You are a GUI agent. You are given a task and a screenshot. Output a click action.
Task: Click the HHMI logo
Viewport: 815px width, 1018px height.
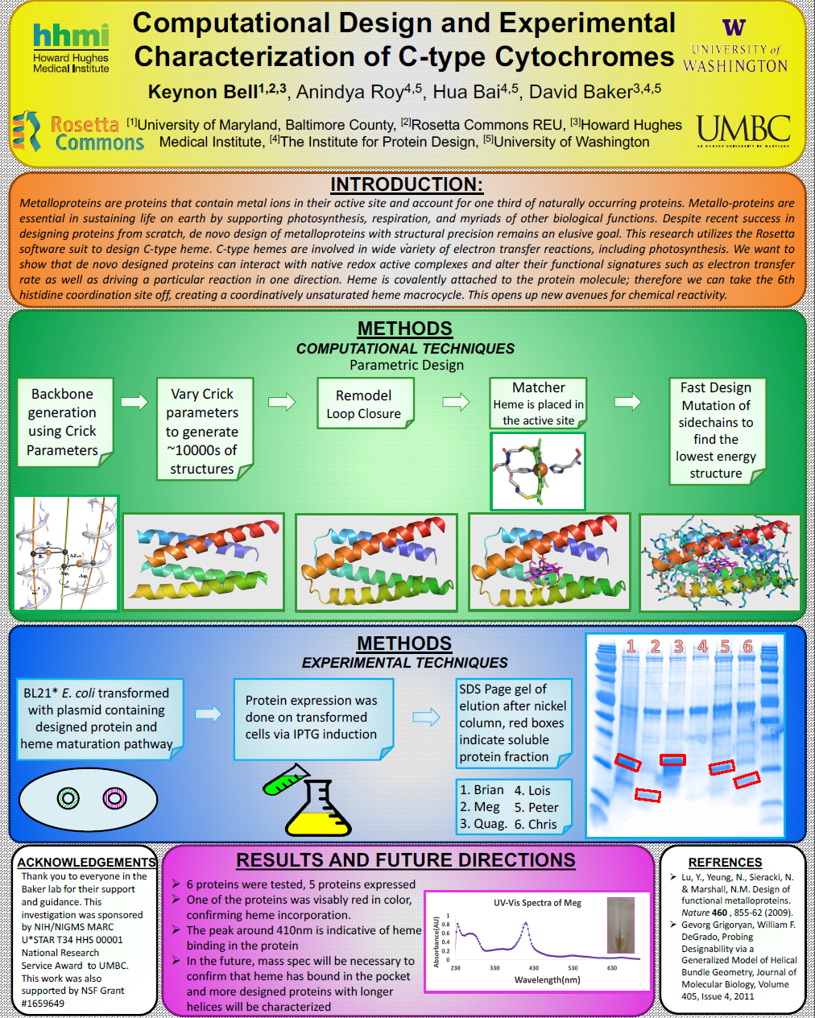pyautogui.click(x=70, y=48)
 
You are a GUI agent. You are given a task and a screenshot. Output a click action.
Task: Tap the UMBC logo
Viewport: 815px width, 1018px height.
pyautogui.click(x=743, y=130)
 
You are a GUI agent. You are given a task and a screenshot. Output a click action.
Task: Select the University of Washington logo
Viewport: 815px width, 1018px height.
pyautogui.click(x=734, y=48)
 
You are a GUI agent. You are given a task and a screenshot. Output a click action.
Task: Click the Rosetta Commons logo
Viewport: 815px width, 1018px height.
pyautogui.click(x=79, y=133)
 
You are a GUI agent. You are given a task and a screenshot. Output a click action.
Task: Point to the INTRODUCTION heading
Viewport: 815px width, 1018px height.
pyautogui.click(x=406, y=184)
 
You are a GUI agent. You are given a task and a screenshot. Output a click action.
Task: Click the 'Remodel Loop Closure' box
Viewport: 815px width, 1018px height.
pyautogui.click(x=364, y=403)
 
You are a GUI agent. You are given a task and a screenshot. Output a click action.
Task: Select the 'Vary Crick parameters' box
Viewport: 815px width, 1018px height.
pyautogui.click(x=202, y=431)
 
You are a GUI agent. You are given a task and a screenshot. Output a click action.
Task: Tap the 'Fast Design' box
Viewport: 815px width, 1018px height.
pyautogui.click(x=715, y=430)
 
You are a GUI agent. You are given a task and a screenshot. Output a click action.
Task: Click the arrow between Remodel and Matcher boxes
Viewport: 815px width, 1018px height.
pyautogui.click(x=456, y=401)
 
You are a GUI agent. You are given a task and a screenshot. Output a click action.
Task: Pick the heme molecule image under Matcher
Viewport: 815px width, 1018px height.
pyautogui.click(x=538, y=471)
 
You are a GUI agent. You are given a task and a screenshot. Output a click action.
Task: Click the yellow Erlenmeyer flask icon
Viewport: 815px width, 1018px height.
pyautogui.click(x=317, y=812)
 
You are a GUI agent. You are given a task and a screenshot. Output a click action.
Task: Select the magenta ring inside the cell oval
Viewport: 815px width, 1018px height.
pyautogui.click(x=115, y=798)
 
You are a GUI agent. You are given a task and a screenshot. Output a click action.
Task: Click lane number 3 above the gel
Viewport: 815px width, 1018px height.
pyautogui.click(x=679, y=647)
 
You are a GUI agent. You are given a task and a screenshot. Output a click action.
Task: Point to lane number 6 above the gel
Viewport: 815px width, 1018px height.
pyautogui.click(x=748, y=647)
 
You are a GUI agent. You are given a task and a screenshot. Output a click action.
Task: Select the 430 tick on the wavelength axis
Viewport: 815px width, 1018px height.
pyautogui.click(x=533, y=968)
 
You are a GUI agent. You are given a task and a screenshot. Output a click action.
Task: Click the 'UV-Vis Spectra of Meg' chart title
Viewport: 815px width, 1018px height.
pyautogui.click(x=537, y=903)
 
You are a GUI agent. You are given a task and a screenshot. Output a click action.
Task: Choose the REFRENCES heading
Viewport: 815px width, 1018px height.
pyautogui.click(x=725, y=862)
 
